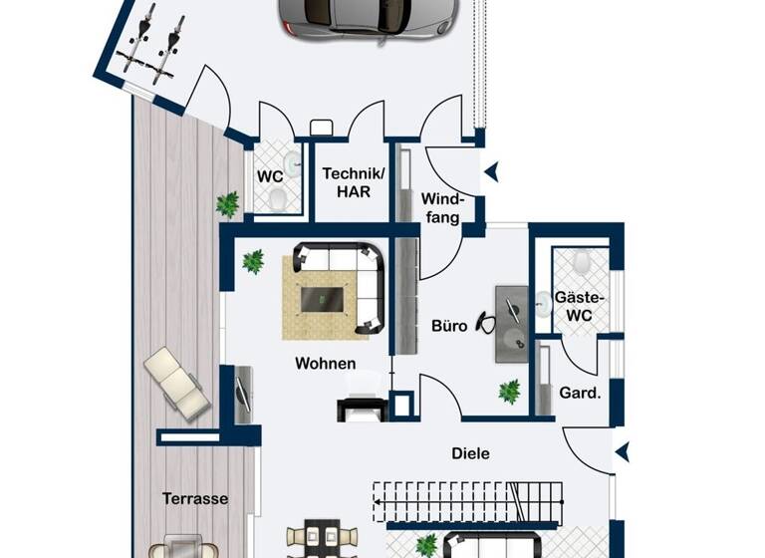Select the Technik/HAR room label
(348, 181)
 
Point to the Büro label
(449, 325)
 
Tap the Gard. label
(580, 393)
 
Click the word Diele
(470, 453)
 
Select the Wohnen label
(325, 364)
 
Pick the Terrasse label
(195, 498)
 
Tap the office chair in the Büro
(487, 322)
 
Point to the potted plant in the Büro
(509, 392)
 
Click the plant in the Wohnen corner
(253, 262)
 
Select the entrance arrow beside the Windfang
(490, 173)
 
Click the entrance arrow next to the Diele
(623, 453)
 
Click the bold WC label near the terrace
(270, 176)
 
